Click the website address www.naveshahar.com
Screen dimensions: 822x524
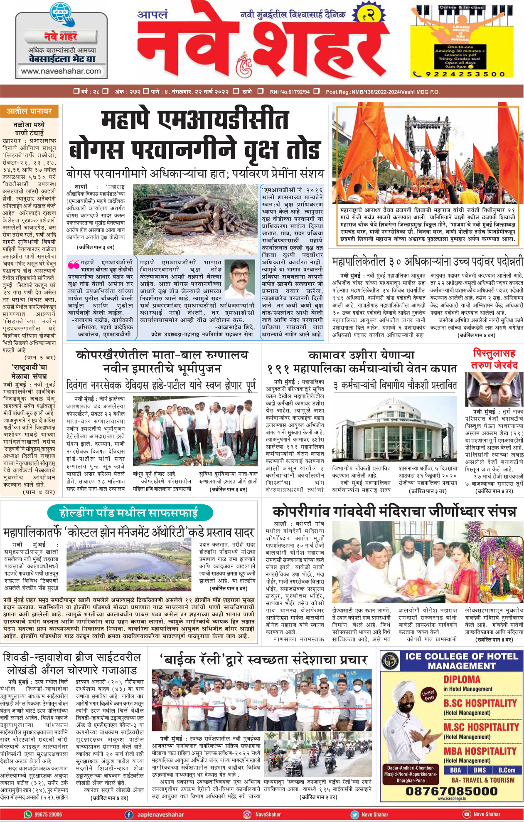click(x=61, y=71)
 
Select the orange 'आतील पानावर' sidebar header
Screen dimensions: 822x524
click(x=29, y=111)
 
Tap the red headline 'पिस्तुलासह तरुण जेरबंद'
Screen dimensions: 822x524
click(x=494, y=359)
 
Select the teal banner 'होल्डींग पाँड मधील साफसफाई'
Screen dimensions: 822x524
click(x=129, y=513)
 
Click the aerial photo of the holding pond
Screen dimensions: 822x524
click(x=128, y=564)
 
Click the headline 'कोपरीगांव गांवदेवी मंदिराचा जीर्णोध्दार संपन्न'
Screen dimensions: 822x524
click(x=394, y=511)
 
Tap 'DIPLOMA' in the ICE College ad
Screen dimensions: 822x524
click(x=462, y=679)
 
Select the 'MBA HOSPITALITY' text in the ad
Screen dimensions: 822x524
click(x=480, y=751)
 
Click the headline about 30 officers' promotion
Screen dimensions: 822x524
click(x=427, y=262)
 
